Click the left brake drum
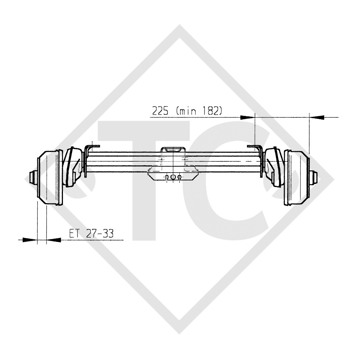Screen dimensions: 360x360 point(50,178)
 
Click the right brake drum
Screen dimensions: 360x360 point(297,178)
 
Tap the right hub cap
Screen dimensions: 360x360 point(315,177)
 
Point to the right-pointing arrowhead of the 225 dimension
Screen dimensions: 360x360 point(247,117)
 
